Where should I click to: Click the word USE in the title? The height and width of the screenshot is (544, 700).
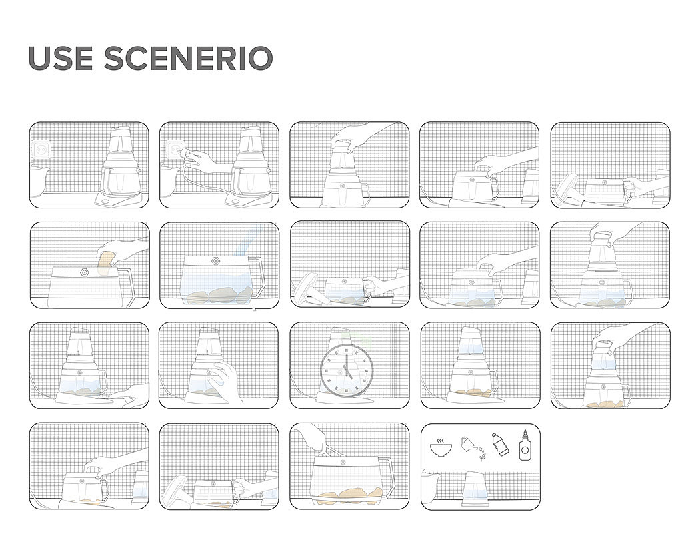(61, 59)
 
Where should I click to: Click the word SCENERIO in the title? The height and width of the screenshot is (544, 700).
(189, 59)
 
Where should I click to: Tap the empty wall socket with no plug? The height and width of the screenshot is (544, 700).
(41, 149)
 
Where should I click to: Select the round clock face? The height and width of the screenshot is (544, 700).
(347, 370)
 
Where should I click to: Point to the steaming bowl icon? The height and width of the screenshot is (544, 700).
(441, 447)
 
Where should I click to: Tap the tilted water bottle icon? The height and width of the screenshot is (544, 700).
(501, 444)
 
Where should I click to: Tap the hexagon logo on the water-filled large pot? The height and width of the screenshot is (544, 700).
(218, 261)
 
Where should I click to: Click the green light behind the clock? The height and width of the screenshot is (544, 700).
(357, 341)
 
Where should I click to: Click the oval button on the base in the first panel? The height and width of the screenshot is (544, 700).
(107, 202)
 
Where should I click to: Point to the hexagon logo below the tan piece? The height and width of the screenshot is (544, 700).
(85, 272)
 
